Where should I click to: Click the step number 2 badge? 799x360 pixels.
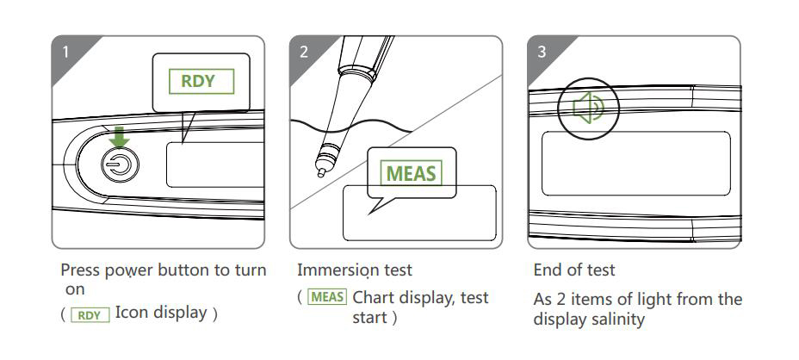(303, 52)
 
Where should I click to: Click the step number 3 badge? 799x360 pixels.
(541, 52)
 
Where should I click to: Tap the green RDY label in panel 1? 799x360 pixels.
(201, 83)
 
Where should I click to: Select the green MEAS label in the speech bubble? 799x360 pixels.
(411, 172)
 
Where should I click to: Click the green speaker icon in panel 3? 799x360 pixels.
(588, 109)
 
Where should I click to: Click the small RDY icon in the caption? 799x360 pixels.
(90, 314)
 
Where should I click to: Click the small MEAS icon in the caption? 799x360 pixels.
(327, 298)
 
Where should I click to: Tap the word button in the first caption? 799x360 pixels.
(189, 270)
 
